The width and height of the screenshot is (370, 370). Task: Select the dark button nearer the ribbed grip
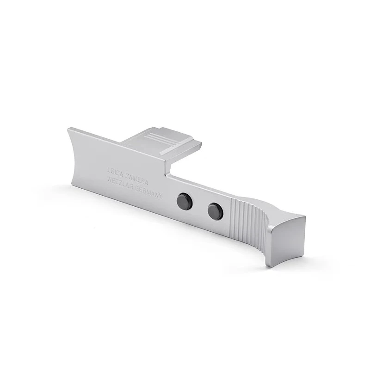click(x=215, y=211)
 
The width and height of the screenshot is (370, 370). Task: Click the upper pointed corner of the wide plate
click(x=68, y=129)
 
